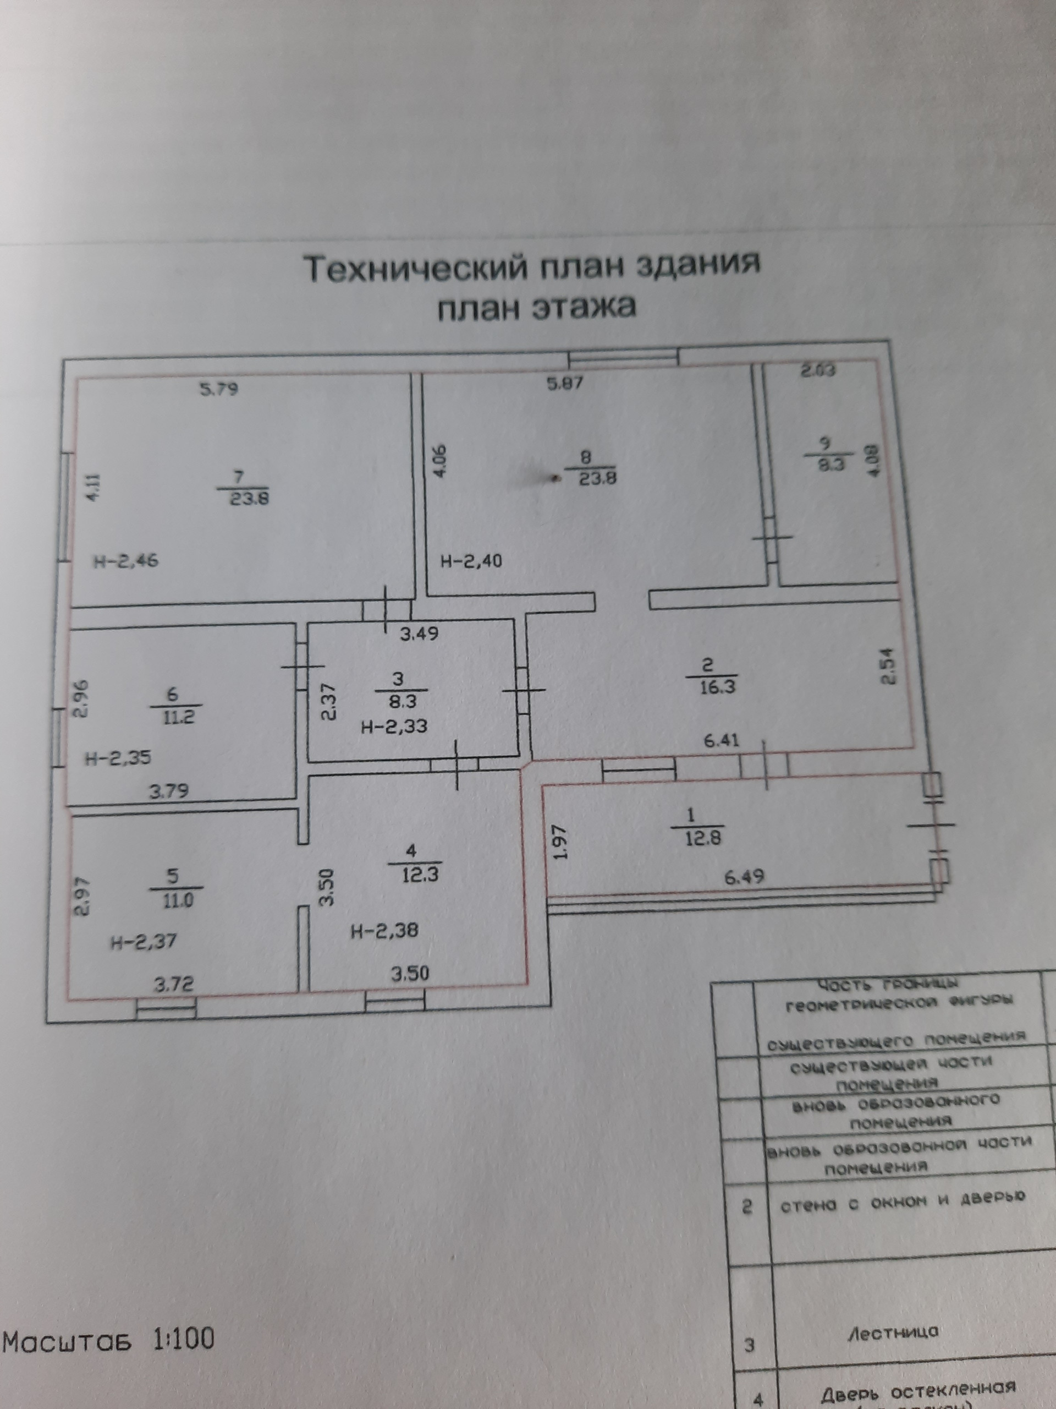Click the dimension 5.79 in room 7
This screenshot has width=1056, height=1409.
pyautogui.click(x=219, y=389)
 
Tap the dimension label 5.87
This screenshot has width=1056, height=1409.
pyautogui.click(x=565, y=384)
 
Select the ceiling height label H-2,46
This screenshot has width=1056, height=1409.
pyautogui.click(x=126, y=561)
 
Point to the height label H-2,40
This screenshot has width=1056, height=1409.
pyautogui.click(x=471, y=560)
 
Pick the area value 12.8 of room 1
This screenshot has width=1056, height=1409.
pyautogui.click(x=703, y=838)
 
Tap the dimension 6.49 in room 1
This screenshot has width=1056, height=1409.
pyautogui.click(x=744, y=876)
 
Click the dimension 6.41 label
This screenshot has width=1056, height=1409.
pyautogui.click(x=721, y=740)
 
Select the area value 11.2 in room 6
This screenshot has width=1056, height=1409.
pyautogui.click(x=177, y=717)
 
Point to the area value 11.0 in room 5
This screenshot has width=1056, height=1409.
pyautogui.click(x=178, y=900)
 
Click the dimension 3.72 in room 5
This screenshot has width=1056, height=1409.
pyautogui.click(x=174, y=984)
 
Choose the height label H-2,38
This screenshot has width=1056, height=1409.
pyautogui.click(x=384, y=931)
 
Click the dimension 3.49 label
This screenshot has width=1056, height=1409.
pyautogui.click(x=419, y=634)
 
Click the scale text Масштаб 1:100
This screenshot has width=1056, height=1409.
pyautogui.click(x=108, y=1340)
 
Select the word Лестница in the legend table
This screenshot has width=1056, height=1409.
pyautogui.click(x=893, y=1332)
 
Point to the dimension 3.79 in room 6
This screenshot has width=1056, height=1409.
pyautogui.click(x=169, y=792)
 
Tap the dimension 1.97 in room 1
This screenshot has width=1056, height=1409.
pyautogui.click(x=560, y=843)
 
